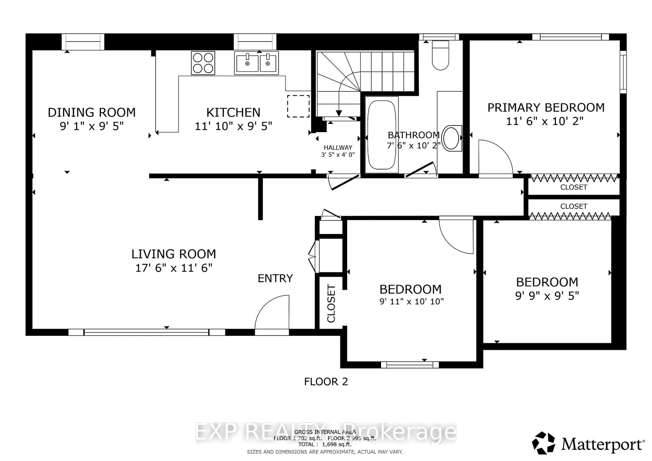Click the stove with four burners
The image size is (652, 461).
pyautogui.click(x=203, y=63)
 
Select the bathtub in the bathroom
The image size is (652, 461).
pyautogui.click(x=381, y=135)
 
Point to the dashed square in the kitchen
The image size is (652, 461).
pyautogui.click(x=298, y=106)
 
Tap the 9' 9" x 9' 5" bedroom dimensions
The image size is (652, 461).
pyautogui.click(x=547, y=296)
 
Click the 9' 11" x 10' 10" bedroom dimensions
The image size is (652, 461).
pyautogui.click(x=411, y=301)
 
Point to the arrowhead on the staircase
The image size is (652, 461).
pyautogui.click(x=339, y=113)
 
